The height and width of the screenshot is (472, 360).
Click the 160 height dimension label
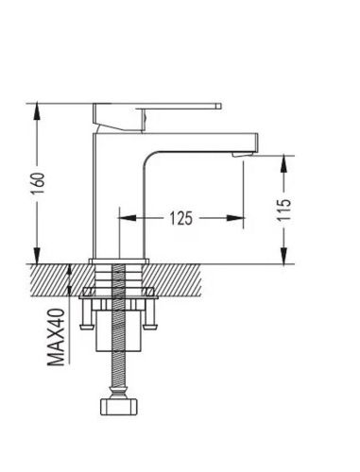(38, 183)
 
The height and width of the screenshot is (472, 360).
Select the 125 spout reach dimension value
(180, 218)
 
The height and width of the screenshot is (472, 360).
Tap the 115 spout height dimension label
(284, 210)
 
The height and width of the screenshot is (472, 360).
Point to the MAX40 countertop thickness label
(56, 337)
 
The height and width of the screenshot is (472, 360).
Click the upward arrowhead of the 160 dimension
(37, 111)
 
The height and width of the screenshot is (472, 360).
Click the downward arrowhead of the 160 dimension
(37, 256)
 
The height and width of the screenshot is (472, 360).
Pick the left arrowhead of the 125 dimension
(127, 218)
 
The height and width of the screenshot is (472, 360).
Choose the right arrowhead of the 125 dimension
(235, 218)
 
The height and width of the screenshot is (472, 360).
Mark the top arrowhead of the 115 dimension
(283, 163)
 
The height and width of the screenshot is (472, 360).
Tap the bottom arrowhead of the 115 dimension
(283, 256)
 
